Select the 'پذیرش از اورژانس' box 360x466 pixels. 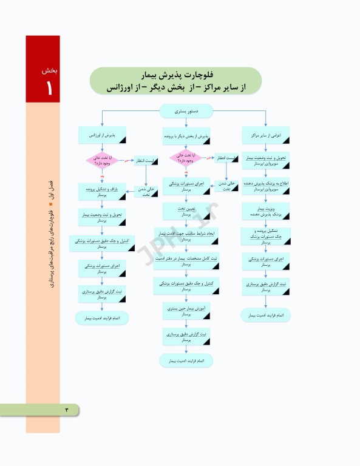pyautogui.click(x=102, y=136)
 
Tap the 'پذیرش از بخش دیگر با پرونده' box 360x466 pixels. pyautogui.click(x=187, y=136)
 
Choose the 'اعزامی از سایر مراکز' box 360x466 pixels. pyautogui.click(x=265, y=135)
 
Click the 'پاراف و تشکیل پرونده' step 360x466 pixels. pyautogui.click(x=102, y=192)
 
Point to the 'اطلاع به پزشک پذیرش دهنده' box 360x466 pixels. pyautogui.click(x=265, y=185)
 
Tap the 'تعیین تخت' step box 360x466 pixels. pyautogui.click(x=186, y=211)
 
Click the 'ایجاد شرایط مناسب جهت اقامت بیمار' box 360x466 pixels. pyautogui.click(x=186, y=236)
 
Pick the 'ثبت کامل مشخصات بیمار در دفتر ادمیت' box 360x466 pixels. pyautogui.click(x=186, y=261)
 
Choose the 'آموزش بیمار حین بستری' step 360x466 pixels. pyautogui.click(x=186, y=311)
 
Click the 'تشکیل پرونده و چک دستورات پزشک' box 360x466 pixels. pyautogui.click(x=265, y=236)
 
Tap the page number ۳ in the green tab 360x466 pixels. pyautogui.click(x=67, y=410)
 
